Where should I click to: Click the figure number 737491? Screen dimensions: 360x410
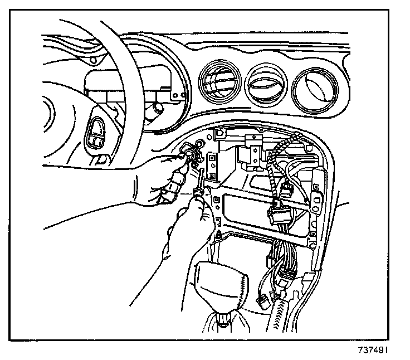pos(371,351)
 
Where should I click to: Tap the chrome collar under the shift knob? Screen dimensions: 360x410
pos(223,319)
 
